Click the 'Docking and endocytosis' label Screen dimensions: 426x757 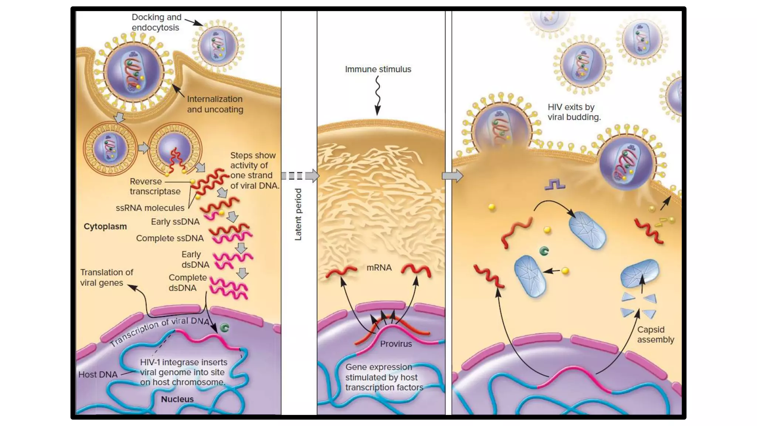tap(156, 22)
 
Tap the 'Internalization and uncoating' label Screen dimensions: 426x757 tap(215, 104)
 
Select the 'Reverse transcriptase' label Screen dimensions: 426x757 tap(155, 186)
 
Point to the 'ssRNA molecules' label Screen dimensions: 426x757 tap(150, 208)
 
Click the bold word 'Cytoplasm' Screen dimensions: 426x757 tap(105, 226)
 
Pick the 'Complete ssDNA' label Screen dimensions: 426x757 tap(170, 238)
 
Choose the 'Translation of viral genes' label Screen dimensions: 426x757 tap(106, 277)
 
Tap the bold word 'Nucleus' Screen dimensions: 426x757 tap(177, 399)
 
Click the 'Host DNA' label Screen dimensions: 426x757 tap(98, 374)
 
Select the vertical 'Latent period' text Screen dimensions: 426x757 tap(298, 214)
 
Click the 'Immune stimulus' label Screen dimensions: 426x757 tap(378, 69)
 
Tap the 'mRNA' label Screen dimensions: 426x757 tap(379, 267)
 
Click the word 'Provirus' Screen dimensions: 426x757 tap(396, 344)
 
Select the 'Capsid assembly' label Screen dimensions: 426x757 tap(655, 334)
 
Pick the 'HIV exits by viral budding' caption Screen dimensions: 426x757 tap(574, 112)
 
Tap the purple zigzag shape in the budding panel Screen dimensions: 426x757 tap(554, 184)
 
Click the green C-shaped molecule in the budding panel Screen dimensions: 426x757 tap(544, 251)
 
